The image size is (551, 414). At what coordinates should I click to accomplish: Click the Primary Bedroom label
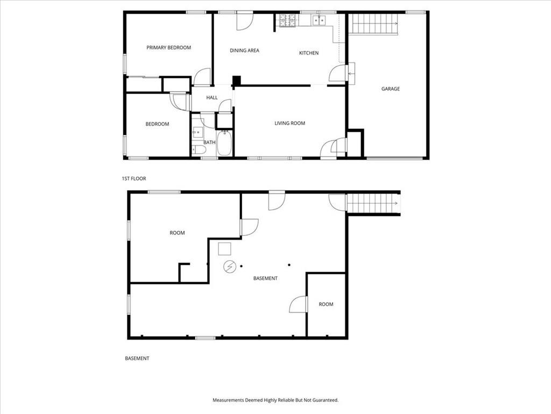coord(168,47)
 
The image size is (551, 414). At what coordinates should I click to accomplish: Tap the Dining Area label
coord(245,50)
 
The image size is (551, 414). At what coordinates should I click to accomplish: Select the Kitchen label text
coord(309,53)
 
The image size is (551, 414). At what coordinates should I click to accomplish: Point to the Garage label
coord(391,89)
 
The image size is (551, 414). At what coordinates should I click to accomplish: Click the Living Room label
coord(290,123)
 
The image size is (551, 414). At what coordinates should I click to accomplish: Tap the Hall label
coord(212,98)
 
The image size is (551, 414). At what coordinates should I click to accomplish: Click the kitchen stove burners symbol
coord(287,20)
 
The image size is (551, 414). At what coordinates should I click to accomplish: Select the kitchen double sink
coord(320,21)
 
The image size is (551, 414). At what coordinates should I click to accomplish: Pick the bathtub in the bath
coord(224,143)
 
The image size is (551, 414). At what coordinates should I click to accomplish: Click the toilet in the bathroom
coord(199,150)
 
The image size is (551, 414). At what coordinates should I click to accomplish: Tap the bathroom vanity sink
coord(197,132)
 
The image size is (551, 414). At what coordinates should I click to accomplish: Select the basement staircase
coord(373,203)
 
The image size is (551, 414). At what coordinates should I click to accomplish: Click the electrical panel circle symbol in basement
coord(229,266)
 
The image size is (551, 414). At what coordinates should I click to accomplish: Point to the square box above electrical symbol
coord(224,249)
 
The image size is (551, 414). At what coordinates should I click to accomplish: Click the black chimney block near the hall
coord(237,81)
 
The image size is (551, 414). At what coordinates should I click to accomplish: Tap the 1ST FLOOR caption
coord(134,178)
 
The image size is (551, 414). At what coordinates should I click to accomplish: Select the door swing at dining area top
coord(245,21)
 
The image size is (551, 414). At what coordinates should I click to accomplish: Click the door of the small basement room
coord(298,305)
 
